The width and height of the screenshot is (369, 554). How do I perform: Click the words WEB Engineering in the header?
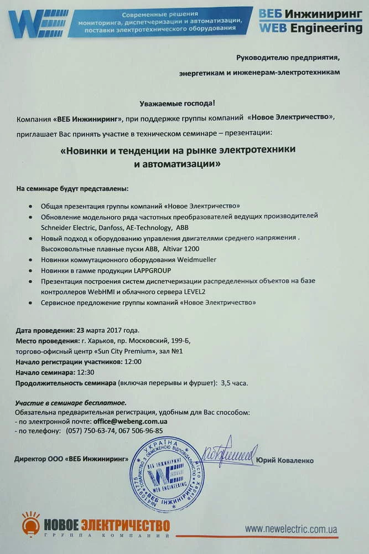311,28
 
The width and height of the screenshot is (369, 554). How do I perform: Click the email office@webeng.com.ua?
130,422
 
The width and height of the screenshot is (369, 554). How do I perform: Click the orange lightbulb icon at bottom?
31,523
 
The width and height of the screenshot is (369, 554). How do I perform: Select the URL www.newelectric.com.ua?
291,529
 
